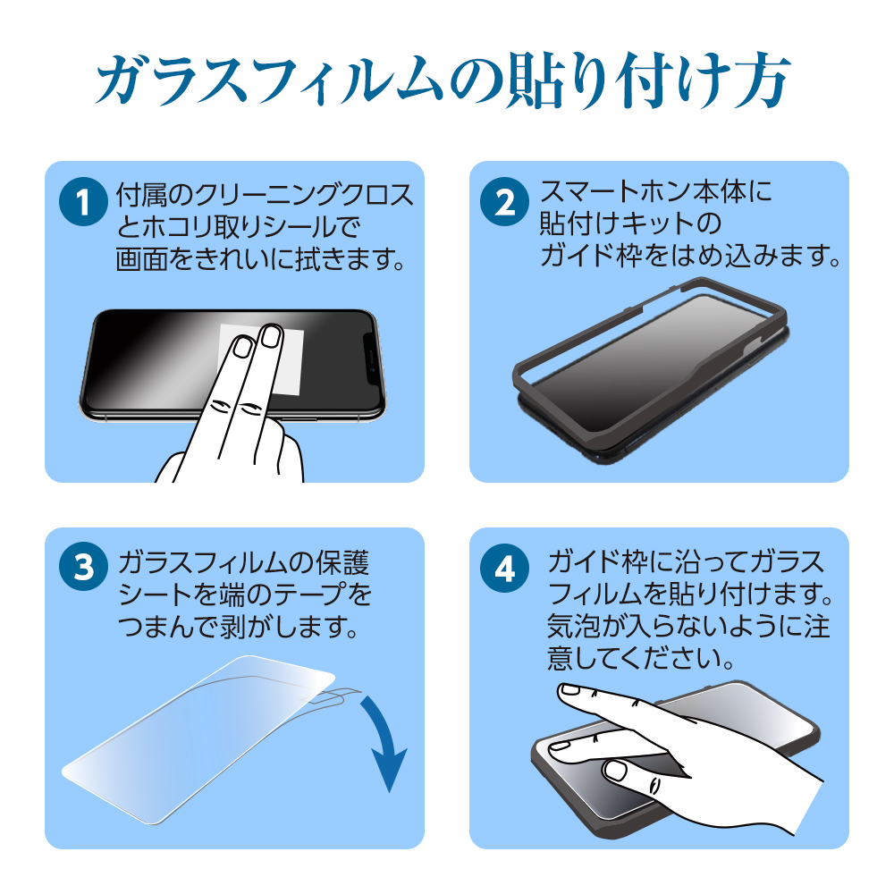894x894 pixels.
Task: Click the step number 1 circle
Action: point(83,202)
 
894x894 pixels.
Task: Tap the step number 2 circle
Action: point(504,202)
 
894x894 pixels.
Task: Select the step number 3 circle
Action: point(83,566)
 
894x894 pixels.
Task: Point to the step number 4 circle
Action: point(504,568)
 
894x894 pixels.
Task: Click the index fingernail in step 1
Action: point(244,347)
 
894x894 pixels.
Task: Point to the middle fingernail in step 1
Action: point(270,335)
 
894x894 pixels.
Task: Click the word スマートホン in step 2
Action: point(616,191)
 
